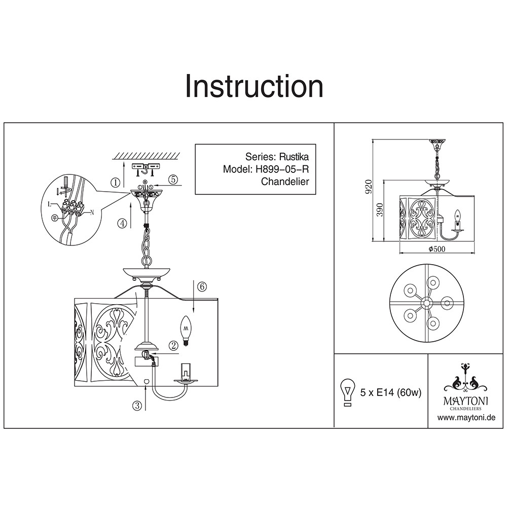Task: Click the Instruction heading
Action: pyautogui.click(x=254, y=86)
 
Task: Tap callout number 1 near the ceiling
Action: pyautogui.click(x=116, y=183)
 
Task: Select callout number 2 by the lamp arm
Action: pyautogui.click(x=173, y=346)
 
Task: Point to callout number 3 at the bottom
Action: pyautogui.click(x=137, y=405)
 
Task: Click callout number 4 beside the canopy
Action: pyautogui.click(x=122, y=224)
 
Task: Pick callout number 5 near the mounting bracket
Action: pyautogui.click(x=173, y=179)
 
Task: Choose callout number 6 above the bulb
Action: pyautogui.click(x=202, y=286)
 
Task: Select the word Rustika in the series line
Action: pyautogui.click(x=294, y=157)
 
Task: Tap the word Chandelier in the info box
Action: pyautogui.click(x=285, y=182)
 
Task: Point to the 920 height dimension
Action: pyautogui.click(x=369, y=187)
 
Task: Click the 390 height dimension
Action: pyautogui.click(x=380, y=210)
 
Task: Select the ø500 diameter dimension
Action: pyautogui.click(x=437, y=248)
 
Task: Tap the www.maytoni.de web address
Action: pyautogui.click(x=466, y=417)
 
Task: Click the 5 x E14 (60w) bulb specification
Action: pyautogui.click(x=391, y=392)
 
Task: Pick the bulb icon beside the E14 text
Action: pyautogui.click(x=347, y=392)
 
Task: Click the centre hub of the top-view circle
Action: pyautogui.click(x=427, y=303)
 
